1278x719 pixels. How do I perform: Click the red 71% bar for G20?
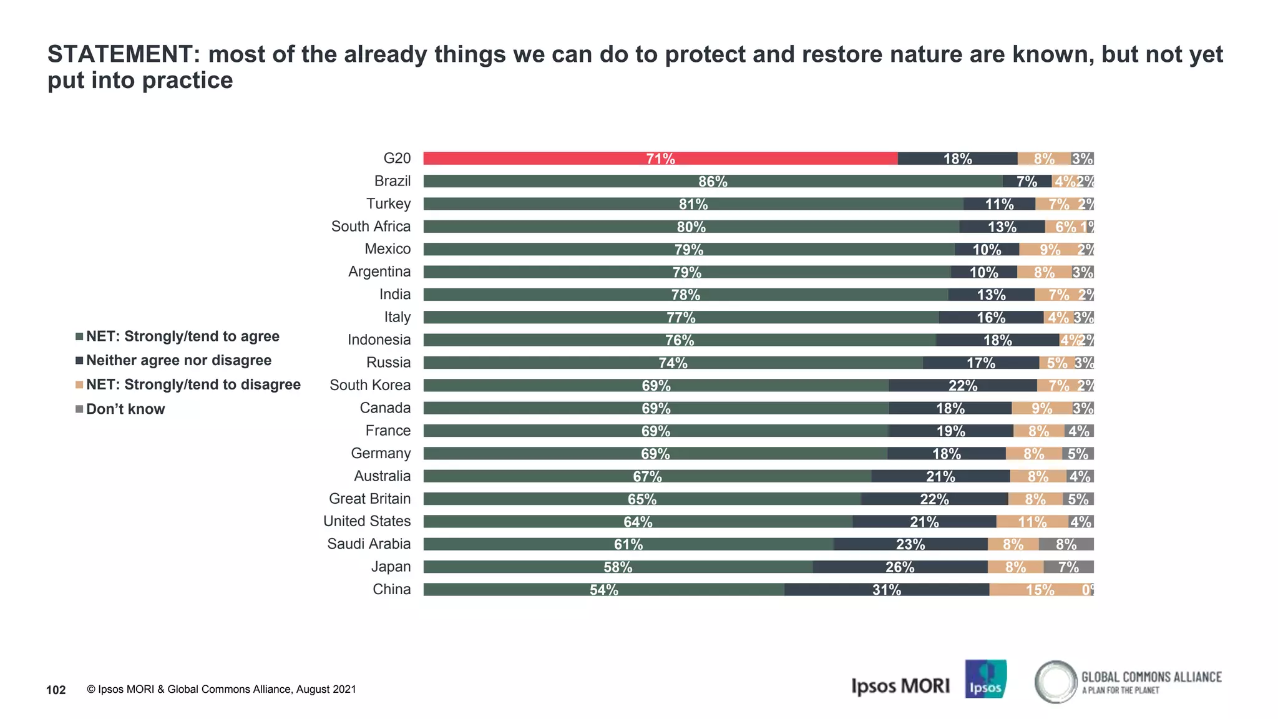click(660, 159)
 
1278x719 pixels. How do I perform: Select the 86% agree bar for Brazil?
click(713, 181)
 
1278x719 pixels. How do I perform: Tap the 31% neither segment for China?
click(886, 590)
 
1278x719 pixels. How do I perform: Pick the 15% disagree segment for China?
click(1040, 590)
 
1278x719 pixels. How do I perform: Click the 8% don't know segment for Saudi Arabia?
click(1066, 544)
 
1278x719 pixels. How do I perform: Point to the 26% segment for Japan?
click(899, 567)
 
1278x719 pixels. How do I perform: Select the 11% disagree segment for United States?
click(1032, 522)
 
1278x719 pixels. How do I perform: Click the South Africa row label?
click(371, 227)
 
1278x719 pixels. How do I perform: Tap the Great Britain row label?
click(369, 499)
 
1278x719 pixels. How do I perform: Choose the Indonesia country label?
click(379, 340)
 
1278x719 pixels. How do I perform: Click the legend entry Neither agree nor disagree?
click(178, 361)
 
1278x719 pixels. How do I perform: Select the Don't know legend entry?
click(125, 409)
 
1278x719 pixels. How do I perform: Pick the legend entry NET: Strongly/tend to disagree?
click(193, 384)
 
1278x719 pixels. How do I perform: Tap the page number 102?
click(56, 690)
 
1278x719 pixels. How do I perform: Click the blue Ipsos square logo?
click(985, 679)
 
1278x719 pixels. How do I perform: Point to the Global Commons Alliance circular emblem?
click(1055, 682)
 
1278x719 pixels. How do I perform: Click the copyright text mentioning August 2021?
click(221, 690)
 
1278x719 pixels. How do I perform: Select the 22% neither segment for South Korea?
click(962, 386)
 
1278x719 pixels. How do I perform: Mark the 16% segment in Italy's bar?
click(990, 318)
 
